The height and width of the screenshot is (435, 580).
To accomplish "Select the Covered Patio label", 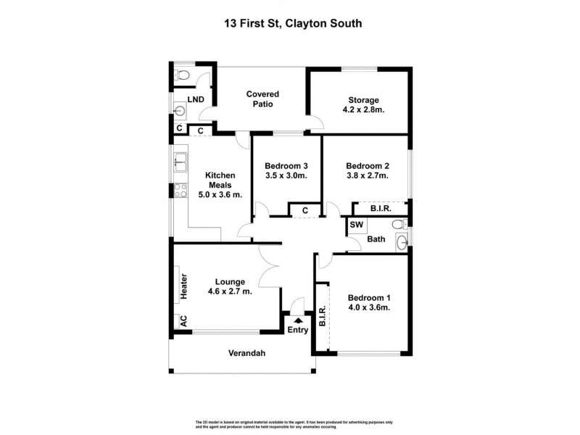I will (262, 99).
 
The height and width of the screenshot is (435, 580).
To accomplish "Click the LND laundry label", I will (195, 99).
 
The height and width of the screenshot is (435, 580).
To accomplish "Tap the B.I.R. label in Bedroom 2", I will (381, 209).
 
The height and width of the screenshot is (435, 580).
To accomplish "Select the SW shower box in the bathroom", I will (357, 225).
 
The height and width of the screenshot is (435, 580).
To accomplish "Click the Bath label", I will (376, 239).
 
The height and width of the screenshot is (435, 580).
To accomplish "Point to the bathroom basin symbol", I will (401, 241).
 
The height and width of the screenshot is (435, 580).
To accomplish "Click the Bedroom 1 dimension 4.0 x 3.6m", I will (369, 308).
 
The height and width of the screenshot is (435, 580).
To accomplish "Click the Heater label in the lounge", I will (183, 286).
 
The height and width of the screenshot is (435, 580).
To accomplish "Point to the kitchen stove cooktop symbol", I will (180, 191).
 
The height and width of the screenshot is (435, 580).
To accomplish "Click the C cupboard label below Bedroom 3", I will (305, 211).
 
